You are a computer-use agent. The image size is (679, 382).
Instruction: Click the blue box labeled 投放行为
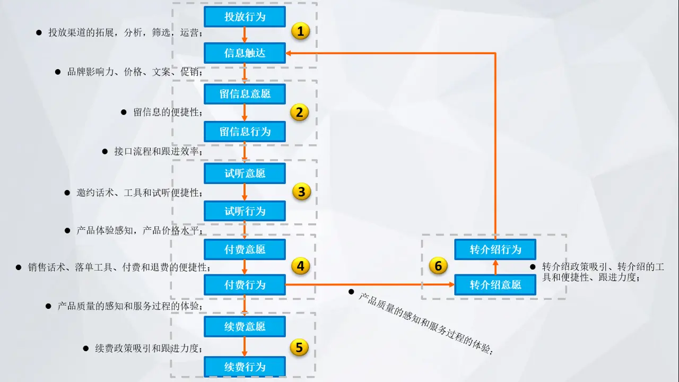tap(245, 16)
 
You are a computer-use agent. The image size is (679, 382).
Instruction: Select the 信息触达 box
tap(245, 53)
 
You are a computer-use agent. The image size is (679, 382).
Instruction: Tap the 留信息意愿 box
tap(245, 94)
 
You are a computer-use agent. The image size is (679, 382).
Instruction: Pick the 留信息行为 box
tap(245, 131)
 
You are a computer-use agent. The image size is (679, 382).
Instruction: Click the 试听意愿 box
tap(245, 173)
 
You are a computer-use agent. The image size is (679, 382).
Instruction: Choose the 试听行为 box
tap(245, 211)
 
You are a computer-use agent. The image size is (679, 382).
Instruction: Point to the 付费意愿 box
tap(245, 249)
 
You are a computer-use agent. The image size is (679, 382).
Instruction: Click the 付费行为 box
tap(245, 285)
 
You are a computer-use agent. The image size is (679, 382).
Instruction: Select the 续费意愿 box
tap(245, 326)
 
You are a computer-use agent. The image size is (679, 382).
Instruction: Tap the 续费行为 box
tap(245, 367)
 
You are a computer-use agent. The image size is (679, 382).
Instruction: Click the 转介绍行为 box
tap(495, 249)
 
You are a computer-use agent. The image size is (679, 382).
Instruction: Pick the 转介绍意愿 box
tap(495, 285)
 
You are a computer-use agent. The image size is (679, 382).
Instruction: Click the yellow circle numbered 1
tap(300, 31)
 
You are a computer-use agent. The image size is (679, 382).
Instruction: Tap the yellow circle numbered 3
tap(301, 192)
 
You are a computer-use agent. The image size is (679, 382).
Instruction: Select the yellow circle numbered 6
tap(438, 266)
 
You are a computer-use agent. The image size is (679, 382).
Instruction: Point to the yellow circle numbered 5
tap(299, 348)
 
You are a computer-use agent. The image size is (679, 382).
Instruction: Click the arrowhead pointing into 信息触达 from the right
tap(290, 53)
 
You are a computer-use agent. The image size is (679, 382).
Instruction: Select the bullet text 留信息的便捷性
tap(167, 112)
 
